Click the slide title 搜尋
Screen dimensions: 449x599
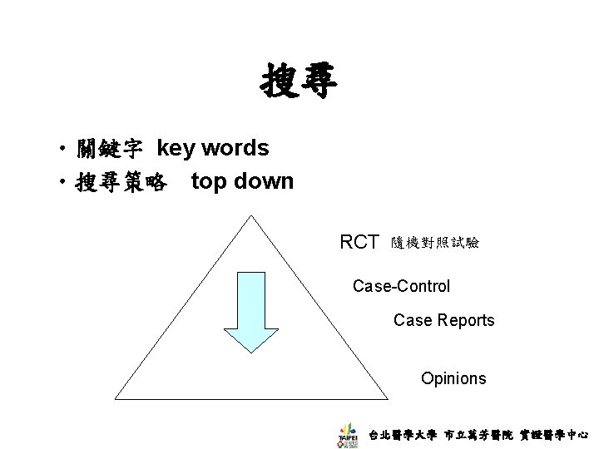299,83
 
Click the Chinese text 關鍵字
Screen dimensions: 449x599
108,150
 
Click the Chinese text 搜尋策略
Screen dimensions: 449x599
118,182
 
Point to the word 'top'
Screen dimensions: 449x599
209,182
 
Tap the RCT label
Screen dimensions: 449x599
359,243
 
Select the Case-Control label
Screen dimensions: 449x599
401,287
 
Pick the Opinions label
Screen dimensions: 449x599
453,379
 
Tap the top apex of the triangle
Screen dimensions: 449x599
253,215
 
